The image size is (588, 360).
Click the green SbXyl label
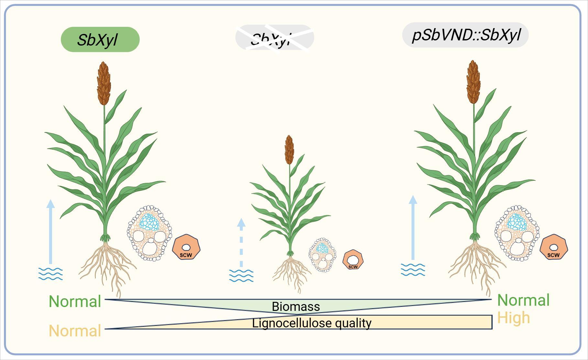pyautogui.click(x=100, y=39)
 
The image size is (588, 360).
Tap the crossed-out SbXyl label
pyautogui.click(x=274, y=38)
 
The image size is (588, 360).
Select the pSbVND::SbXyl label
pyautogui.click(x=465, y=35)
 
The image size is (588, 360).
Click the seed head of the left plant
pyautogui.click(x=104, y=83)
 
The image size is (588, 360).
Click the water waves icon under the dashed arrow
pyautogui.click(x=241, y=276)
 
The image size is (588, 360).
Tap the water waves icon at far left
pyautogui.click(x=50, y=274)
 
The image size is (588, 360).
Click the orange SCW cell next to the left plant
pyautogui.click(x=186, y=248)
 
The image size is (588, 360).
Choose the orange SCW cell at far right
pyautogui.click(x=554, y=248)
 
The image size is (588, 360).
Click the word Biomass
pyautogui.click(x=296, y=306)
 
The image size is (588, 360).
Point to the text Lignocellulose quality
pyautogui.click(x=311, y=323)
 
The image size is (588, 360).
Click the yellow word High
pyautogui.click(x=513, y=318)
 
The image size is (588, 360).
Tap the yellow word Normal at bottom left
pyautogui.click(x=75, y=331)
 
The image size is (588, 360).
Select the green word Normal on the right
pyautogui.click(x=523, y=300)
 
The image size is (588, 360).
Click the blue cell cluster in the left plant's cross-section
pyautogui.click(x=149, y=222)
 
